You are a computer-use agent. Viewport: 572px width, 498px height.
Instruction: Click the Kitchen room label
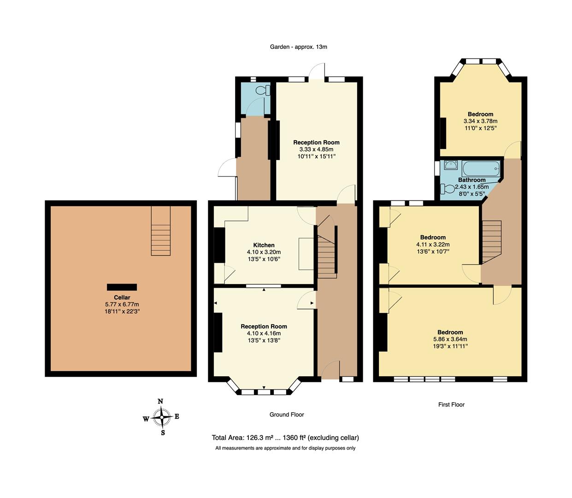pyautogui.click(x=264, y=245)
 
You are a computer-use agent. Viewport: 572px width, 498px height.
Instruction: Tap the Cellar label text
pyautogui.click(x=122, y=297)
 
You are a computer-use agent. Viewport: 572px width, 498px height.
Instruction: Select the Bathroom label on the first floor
pyautogui.click(x=472, y=180)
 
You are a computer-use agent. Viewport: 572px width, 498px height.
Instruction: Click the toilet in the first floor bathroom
pyautogui.click(x=447, y=189)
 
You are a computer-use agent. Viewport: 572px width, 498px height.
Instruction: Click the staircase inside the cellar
pyautogui.click(x=161, y=231)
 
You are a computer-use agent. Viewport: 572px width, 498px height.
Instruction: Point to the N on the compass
pyautogui.click(x=160, y=401)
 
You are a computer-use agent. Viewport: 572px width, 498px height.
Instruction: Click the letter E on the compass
pyautogui.click(x=177, y=417)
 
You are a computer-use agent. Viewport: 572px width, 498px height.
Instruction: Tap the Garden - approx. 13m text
pyautogui.click(x=298, y=47)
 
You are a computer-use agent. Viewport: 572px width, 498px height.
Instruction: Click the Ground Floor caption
pyautogui.click(x=287, y=415)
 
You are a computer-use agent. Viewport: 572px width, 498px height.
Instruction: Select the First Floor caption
pyautogui.click(x=451, y=404)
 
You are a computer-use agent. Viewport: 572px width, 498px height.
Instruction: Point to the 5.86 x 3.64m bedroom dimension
pyautogui.click(x=450, y=339)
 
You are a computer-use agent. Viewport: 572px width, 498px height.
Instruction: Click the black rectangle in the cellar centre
pyautogui.click(x=122, y=287)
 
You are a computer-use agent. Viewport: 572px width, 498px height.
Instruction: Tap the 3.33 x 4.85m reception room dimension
pyautogui.click(x=316, y=149)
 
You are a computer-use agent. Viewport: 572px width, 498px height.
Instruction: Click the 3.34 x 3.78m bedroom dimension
pyautogui.click(x=480, y=121)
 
